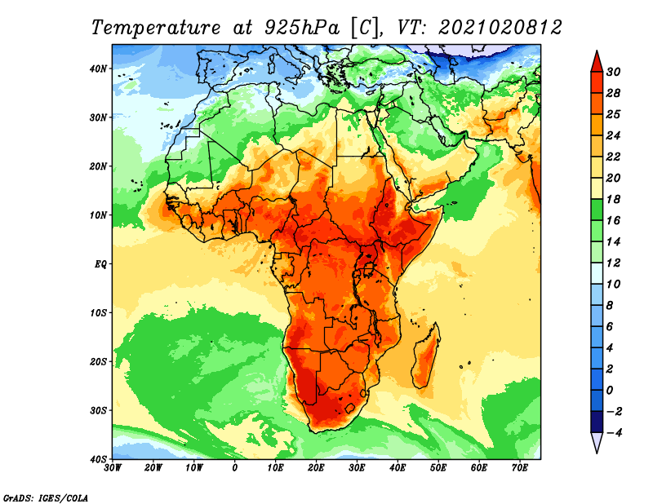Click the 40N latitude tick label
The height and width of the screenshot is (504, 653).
pyautogui.click(x=98, y=69)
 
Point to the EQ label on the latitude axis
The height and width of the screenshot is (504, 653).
pyautogui.click(x=100, y=264)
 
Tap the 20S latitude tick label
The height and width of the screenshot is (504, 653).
pyautogui.click(x=98, y=361)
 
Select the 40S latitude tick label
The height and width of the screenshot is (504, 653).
pyautogui.click(x=98, y=459)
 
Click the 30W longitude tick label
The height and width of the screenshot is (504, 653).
pyautogui.click(x=113, y=468)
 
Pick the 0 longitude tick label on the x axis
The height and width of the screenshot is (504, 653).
pyautogui.click(x=235, y=468)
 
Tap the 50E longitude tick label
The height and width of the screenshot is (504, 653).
pyautogui.click(x=438, y=468)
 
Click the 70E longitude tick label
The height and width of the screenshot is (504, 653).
pyautogui.click(x=520, y=468)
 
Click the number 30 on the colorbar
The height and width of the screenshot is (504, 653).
pyautogui.click(x=613, y=72)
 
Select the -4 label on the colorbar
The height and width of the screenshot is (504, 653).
pyautogui.click(x=612, y=432)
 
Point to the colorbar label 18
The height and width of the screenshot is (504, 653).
pyautogui.click(x=613, y=199)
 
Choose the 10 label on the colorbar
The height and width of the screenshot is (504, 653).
pyautogui.click(x=613, y=285)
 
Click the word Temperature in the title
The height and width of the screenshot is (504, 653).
pyautogui.click(x=155, y=28)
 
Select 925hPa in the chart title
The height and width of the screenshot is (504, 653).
pyautogui.click(x=302, y=28)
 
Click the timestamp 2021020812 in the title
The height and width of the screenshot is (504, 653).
pyautogui.click(x=500, y=28)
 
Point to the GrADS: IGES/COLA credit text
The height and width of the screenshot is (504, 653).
pyautogui.click(x=46, y=497)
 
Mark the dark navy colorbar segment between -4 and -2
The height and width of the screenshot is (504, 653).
pyautogui.click(x=597, y=422)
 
